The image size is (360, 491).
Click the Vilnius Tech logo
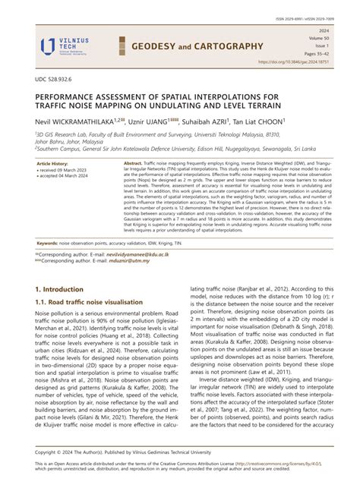pyautogui.click(x=65, y=45)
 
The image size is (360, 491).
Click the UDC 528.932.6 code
pyautogui.click(x=56, y=80)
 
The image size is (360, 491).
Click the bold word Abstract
pyautogui.click(x=111, y=163)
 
